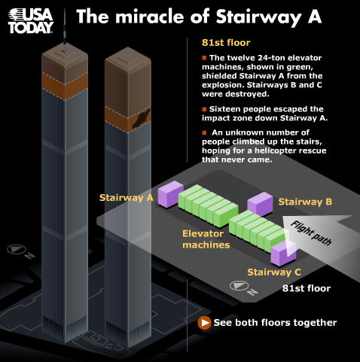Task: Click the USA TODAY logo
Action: coord(31,21)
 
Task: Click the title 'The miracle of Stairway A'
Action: coord(199,17)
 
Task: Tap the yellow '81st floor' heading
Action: coord(226,43)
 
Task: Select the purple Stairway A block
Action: coord(171,194)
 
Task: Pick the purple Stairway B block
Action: coord(260,204)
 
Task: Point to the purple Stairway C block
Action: coord(283,254)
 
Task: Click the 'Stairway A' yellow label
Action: coord(127,198)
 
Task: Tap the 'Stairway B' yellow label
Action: coord(305,202)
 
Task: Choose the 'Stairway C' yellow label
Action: coord(274,272)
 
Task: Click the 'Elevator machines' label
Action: coord(206,239)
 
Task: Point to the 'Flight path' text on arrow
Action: coord(311,233)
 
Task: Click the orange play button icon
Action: coord(204,323)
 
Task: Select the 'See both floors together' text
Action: coord(275,323)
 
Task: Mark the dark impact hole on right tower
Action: coord(142,118)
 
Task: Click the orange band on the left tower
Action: coord(65,85)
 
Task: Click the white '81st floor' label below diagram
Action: coord(307,288)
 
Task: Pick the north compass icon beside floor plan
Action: coord(239,286)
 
